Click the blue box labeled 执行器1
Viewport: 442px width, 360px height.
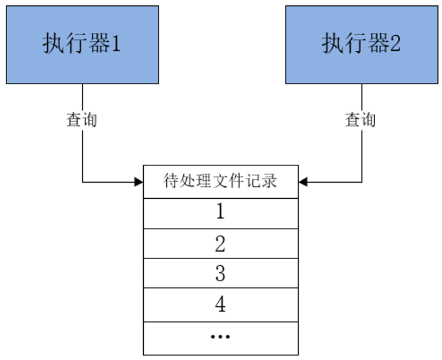pyautogui.click(x=82, y=45)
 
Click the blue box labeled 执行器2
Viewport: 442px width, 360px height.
pyautogui.click(x=361, y=45)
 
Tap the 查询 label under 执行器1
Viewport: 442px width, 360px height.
pyautogui.click(x=81, y=120)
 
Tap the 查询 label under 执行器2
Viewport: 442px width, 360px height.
pyautogui.click(x=361, y=120)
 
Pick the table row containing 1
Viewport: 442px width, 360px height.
pyautogui.click(x=220, y=213)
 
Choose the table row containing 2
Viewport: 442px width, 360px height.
pyautogui.click(x=220, y=244)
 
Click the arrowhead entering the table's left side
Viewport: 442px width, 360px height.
pyautogui.click(x=139, y=181)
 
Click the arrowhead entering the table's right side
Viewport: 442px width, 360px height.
pyautogui.click(x=302, y=181)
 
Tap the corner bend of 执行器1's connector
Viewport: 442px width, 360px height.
pyautogui.click(x=82, y=181)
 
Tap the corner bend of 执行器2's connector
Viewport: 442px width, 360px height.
pyautogui.click(x=361, y=181)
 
